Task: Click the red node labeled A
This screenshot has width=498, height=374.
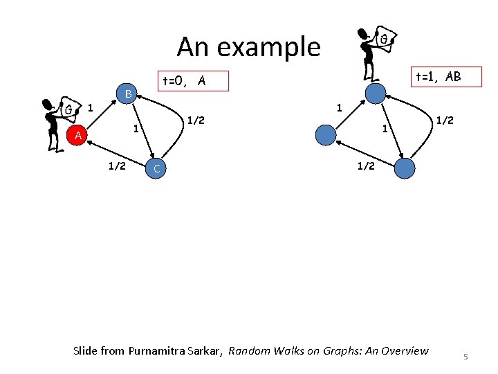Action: (78, 136)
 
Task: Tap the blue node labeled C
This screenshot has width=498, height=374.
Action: (157, 169)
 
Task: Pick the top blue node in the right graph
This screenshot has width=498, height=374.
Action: (375, 93)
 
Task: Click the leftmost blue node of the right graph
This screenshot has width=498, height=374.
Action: (324, 134)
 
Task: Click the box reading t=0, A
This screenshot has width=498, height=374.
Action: (193, 82)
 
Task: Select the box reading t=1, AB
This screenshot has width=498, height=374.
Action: (436, 77)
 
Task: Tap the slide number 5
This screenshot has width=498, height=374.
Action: (465, 356)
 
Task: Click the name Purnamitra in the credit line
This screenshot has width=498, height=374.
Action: (160, 350)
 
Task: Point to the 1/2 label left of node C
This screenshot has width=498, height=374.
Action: (115, 165)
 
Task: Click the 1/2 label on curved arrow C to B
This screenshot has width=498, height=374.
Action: (196, 121)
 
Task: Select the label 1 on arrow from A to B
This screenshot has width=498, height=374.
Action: (91, 108)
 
